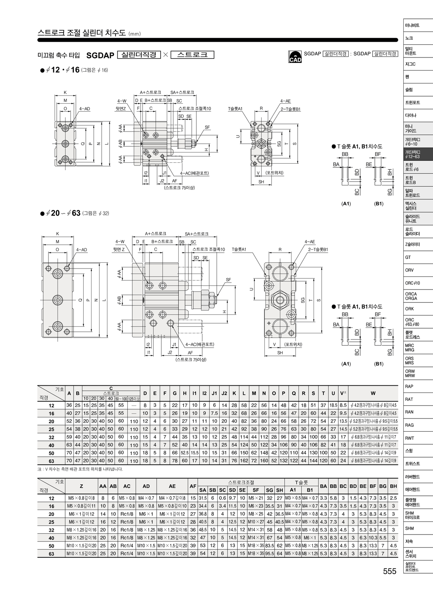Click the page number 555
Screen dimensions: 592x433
[x=390, y=571]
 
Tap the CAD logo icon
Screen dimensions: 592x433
[x=295, y=57]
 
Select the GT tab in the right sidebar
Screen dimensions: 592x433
[x=408, y=257]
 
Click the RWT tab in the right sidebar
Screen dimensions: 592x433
[x=409, y=438]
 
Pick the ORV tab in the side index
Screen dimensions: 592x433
[x=409, y=270]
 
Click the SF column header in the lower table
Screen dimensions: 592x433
[x=256, y=490]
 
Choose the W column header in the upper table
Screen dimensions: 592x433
[x=373, y=393]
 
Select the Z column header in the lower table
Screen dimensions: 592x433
[x=81, y=486]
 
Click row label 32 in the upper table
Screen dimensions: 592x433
[x=51, y=437]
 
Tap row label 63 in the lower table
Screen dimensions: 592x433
[x=51, y=554]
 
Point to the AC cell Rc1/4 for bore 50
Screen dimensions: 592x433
[x=127, y=546]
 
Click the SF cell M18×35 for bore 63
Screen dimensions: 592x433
[x=256, y=554]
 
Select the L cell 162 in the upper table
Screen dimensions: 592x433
[x=244, y=461]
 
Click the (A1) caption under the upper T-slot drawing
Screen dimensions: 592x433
[x=346, y=203]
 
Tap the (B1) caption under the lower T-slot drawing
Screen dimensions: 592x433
[x=379, y=364]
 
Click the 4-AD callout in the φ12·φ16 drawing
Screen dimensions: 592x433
[x=85, y=108]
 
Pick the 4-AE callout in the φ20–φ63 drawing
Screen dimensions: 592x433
[x=310, y=242]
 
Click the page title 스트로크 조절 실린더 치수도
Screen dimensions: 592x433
[x=82, y=33]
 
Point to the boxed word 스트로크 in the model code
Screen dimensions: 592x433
[x=192, y=55]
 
